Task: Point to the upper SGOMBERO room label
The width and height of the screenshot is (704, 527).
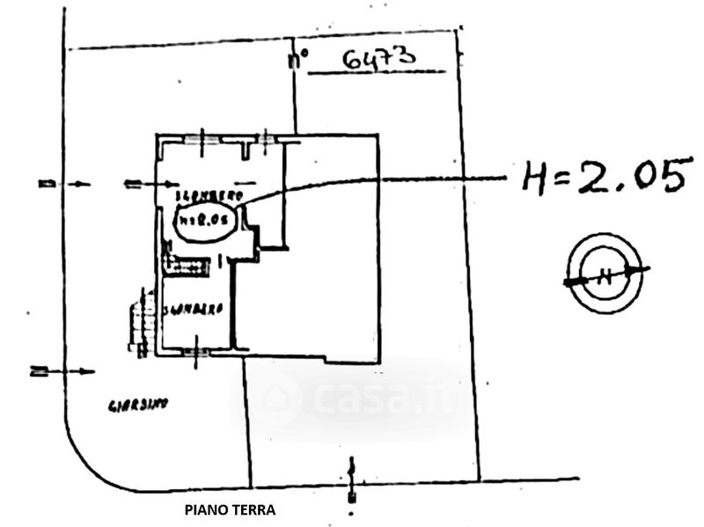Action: click(x=210, y=195)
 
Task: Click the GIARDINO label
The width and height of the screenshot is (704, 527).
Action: click(x=137, y=406)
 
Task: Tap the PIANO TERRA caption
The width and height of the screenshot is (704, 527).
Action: click(x=230, y=509)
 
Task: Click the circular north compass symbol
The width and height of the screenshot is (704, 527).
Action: click(x=605, y=274)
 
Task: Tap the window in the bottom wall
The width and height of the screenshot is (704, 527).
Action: click(x=196, y=351)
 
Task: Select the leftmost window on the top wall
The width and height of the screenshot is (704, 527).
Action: click(x=202, y=138)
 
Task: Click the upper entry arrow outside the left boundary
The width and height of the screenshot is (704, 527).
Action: click(x=65, y=184)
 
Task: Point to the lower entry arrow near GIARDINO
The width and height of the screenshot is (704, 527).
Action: click(x=62, y=371)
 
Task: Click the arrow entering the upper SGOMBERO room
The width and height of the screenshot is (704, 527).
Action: click(x=151, y=184)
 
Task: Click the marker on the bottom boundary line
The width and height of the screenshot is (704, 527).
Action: click(x=352, y=480)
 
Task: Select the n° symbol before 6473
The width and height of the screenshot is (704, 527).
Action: click(x=299, y=60)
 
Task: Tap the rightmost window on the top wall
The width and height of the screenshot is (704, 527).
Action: click(x=266, y=138)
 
